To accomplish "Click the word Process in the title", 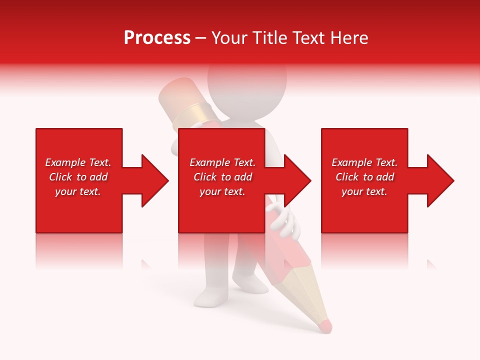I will coord(157,38).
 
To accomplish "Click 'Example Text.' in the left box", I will coord(78,162).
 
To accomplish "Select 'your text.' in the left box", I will coord(78,191).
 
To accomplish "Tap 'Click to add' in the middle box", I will coord(222,177).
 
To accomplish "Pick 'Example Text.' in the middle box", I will coord(222,162).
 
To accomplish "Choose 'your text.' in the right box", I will coord(364,191).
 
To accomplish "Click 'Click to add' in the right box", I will coord(364,177).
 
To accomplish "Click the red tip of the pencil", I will coord(325,325).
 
